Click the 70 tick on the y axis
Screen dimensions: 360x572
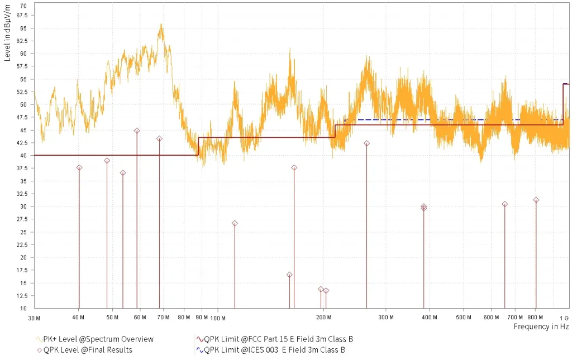pyautogui.click(x=23, y=6)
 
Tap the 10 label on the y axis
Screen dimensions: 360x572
pyautogui.click(x=23, y=309)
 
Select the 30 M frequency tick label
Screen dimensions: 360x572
pyautogui.click(x=34, y=318)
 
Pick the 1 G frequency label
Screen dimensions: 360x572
pyautogui.click(x=564, y=318)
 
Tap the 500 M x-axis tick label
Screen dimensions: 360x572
pyautogui.click(x=463, y=318)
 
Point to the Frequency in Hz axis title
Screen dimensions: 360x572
pyautogui.click(x=541, y=327)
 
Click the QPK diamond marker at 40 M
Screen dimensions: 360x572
pyautogui.click(x=79, y=167)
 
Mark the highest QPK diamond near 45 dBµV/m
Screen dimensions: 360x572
pyautogui.click(x=137, y=131)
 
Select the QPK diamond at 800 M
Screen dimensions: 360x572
pyautogui.click(x=536, y=200)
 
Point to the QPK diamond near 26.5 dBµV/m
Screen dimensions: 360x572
pyautogui.click(x=235, y=223)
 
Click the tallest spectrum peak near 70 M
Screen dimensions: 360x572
pyautogui.click(x=161, y=25)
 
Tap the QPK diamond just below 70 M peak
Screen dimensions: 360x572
pyautogui.click(x=159, y=138)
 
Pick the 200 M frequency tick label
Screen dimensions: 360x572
pyautogui.click(x=323, y=318)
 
